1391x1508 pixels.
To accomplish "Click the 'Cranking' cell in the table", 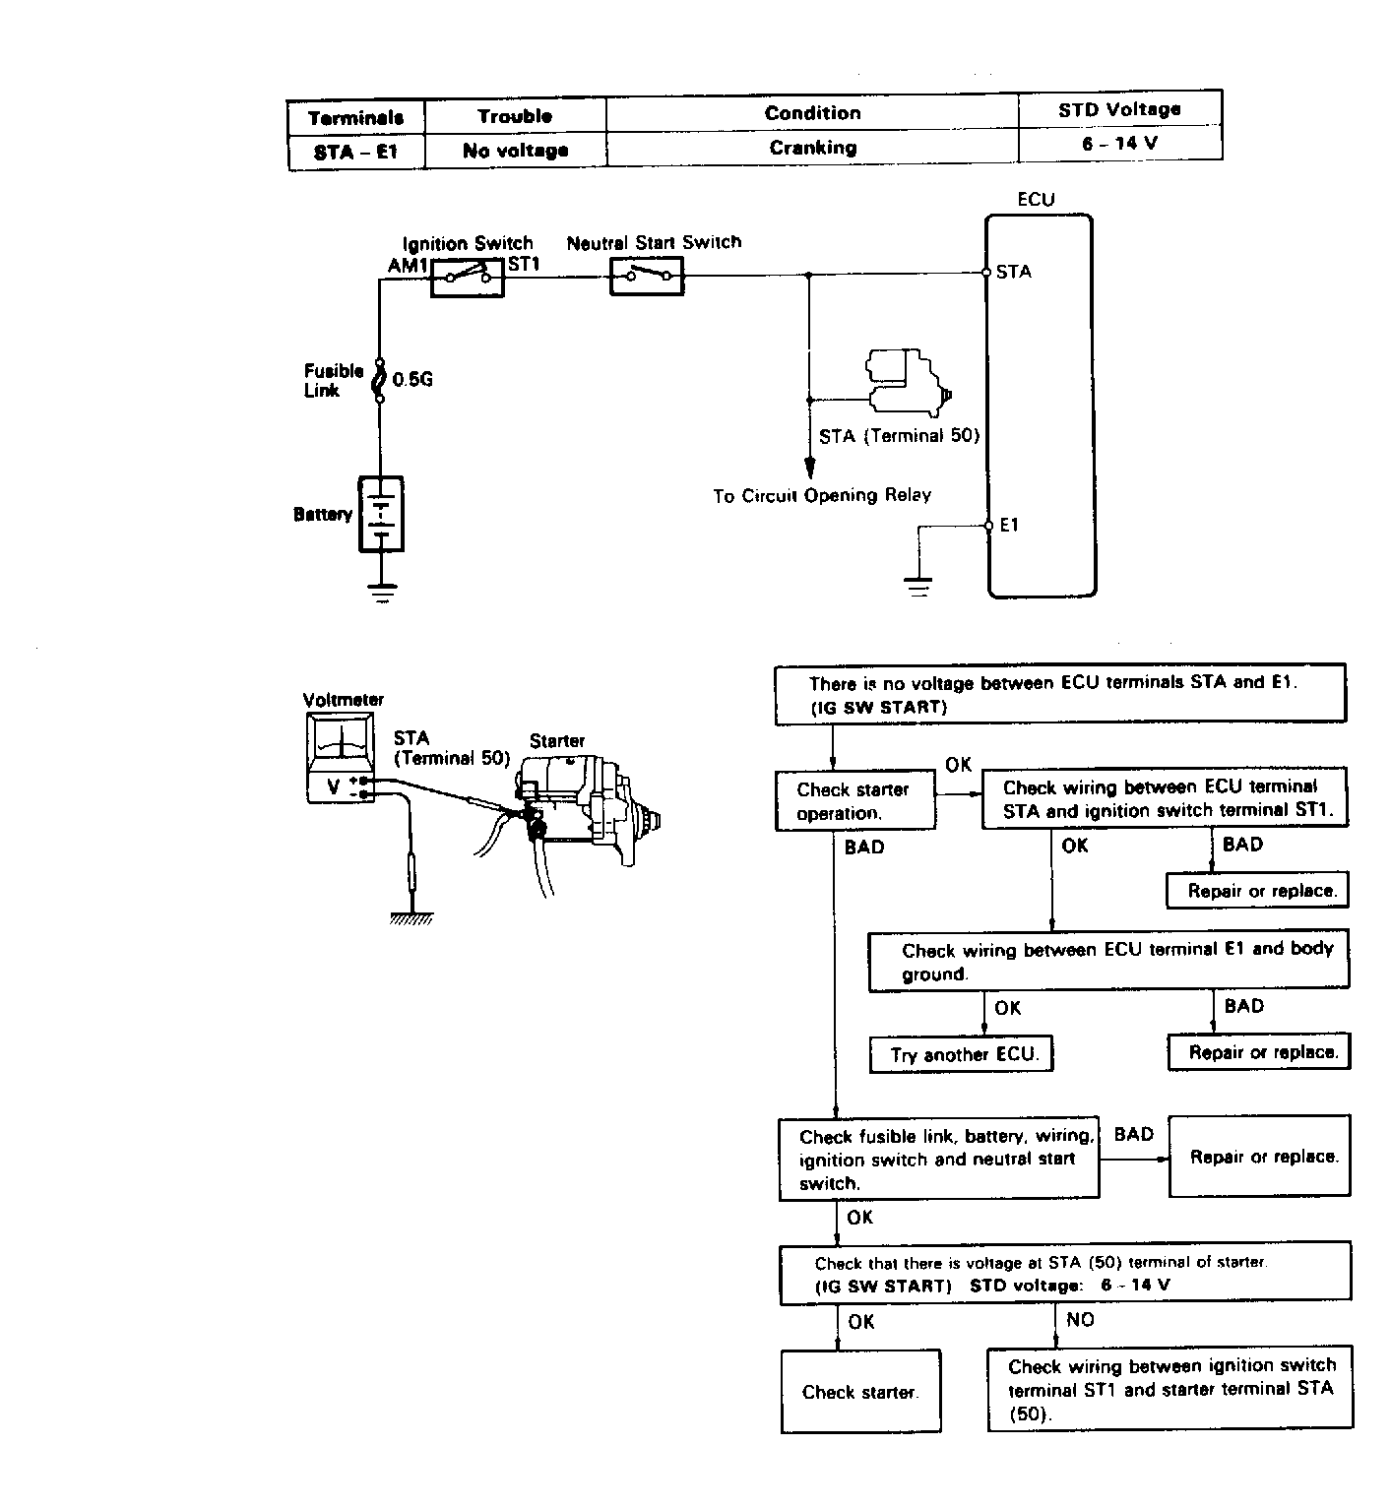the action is pyautogui.click(x=812, y=148).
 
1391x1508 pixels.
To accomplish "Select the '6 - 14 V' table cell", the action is pyautogui.click(x=1120, y=143).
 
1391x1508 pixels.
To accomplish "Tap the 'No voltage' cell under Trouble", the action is pyautogui.click(x=515, y=151).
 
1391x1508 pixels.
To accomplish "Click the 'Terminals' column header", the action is pyautogui.click(x=355, y=118).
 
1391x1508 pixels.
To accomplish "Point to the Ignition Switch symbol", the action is pyautogui.click(x=468, y=276).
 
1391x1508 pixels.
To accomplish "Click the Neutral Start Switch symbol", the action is pyautogui.click(x=646, y=276).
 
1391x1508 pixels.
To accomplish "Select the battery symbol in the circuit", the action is pyautogui.click(x=381, y=514).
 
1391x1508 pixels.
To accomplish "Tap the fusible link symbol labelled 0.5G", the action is pyautogui.click(x=380, y=379).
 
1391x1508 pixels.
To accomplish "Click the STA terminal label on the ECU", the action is pyautogui.click(x=1014, y=272).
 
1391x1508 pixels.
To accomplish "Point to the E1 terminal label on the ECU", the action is pyautogui.click(x=1009, y=526).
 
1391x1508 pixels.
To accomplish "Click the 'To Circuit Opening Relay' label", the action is pyautogui.click(x=822, y=495).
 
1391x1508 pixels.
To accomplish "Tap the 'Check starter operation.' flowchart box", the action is pyautogui.click(x=854, y=801).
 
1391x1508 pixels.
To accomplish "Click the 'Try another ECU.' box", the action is pyautogui.click(x=962, y=1055).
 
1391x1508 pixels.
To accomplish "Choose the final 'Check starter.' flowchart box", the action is pyautogui.click(x=860, y=1391).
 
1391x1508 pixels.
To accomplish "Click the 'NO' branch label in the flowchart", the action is pyautogui.click(x=1080, y=1320).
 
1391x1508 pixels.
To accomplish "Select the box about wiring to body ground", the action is pyautogui.click(x=1108, y=961).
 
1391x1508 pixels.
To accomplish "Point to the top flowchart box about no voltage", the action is pyautogui.click(x=1060, y=694).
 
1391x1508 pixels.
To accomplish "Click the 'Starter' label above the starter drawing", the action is pyautogui.click(x=557, y=741).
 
